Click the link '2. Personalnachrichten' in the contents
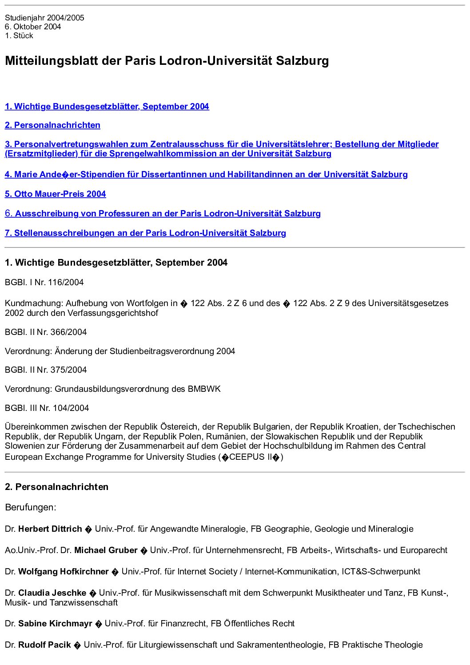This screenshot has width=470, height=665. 52,125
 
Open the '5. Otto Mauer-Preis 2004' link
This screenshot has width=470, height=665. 56,194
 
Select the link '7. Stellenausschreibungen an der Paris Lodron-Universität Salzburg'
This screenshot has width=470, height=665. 145,233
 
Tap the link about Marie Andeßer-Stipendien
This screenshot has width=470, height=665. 206,175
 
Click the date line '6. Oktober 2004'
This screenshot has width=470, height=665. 33,27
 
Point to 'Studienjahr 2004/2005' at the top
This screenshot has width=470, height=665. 44,18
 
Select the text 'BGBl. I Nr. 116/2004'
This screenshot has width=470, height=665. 44,283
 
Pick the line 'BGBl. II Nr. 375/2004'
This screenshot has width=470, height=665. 46,370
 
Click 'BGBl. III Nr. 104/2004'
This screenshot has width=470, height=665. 47,408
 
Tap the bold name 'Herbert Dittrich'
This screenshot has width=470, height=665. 50,529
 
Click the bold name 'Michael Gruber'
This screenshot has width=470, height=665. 106,550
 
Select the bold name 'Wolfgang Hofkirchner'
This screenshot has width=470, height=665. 64,572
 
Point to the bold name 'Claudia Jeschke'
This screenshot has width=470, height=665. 52,593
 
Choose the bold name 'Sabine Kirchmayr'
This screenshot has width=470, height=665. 55,624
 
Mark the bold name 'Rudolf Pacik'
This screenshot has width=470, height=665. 44,645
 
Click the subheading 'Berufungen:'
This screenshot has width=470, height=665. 31,507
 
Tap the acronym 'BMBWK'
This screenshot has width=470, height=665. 204,389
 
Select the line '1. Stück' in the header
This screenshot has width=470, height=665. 19,36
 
